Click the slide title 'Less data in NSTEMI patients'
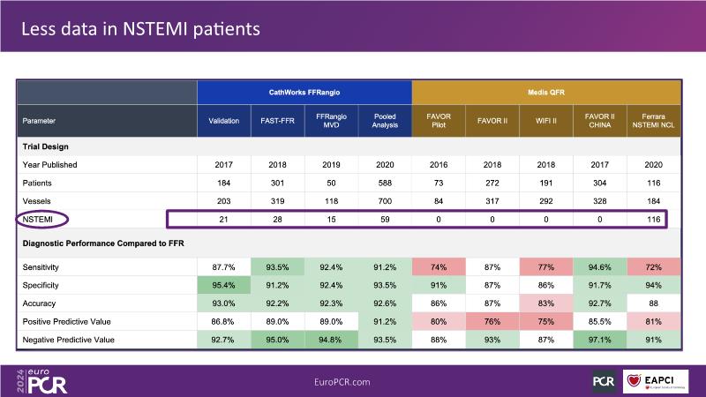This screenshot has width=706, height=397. (x=140, y=29)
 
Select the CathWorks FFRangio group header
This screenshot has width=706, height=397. (x=304, y=91)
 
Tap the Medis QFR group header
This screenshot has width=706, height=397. (x=546, y=91)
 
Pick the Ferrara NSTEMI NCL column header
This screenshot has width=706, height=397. (x=654, y=120)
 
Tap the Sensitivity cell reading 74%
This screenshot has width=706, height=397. (x=439, y=266)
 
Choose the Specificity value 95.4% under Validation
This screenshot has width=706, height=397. (x=224, y=284)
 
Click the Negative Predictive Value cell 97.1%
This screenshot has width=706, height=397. (x=600, y=340)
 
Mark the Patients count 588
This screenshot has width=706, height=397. (x=385, y=183)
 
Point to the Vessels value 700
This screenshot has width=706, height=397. (x=385, y=200)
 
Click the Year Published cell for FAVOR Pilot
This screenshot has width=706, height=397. (x=439, y=165)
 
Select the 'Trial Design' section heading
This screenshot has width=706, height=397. (x=46, y=146)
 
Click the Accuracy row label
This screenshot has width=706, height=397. (x=41, y=303)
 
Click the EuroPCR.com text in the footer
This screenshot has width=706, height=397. (x=342, y=381)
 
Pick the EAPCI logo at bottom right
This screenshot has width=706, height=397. (x=661, y=380)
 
